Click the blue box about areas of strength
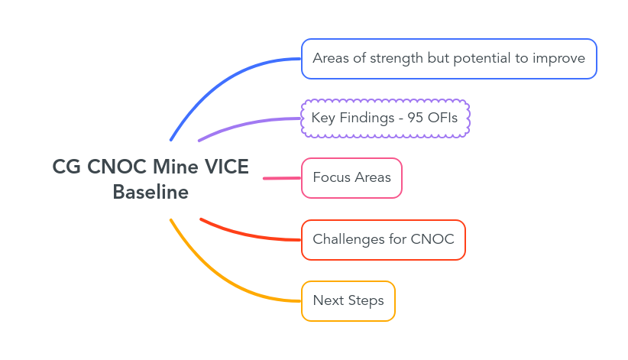(448, 59)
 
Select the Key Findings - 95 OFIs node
(384, 118)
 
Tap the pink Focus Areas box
(351, 178)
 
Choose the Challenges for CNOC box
(383, 239)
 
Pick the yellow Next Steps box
(348, 300)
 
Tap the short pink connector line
(282, 178)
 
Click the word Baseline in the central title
(151, 193)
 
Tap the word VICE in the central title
(227, 167)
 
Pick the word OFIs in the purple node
(443, 118)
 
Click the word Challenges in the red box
(348, 239)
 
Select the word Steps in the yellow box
(366, 300)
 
